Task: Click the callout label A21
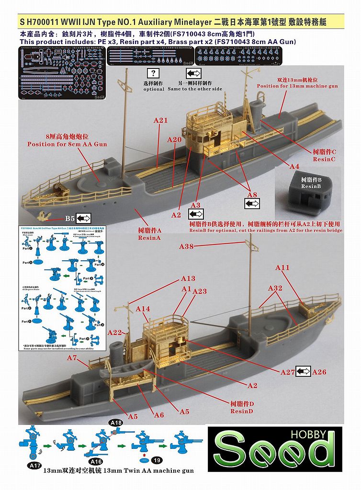click(160, 120)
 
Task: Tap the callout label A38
click(186, 246)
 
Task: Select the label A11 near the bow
click(282, 268)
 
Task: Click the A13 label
click(188, 278)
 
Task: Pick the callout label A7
click(72, 358)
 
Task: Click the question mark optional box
click(153, 74)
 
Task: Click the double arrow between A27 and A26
click(303, 371)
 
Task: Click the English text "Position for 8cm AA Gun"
click(67, 144)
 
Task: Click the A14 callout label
click(143, 309)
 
